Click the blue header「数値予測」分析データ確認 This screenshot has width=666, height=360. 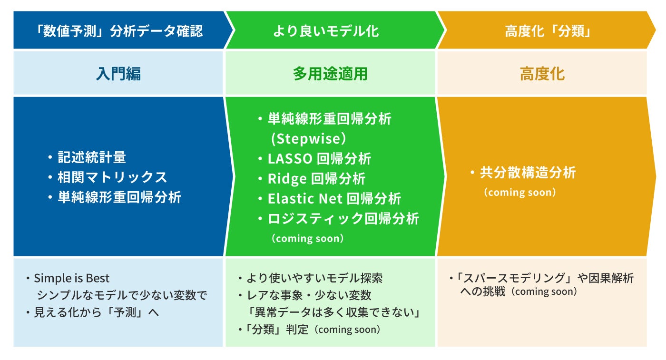(119, 31)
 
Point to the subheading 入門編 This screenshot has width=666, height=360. (118, 74)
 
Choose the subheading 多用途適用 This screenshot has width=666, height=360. (330, 74)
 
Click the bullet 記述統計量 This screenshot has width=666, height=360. (92, 157)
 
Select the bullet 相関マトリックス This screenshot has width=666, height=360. (112, 177)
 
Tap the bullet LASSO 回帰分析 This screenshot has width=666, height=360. (319, 159)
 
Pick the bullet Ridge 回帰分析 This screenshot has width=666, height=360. (316, 179)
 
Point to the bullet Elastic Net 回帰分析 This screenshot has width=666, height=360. (334, 198)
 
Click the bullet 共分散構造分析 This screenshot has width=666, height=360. (528, 172)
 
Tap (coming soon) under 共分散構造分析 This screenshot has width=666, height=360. (519, 193)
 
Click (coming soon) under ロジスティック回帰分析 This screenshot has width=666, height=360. (308, 238)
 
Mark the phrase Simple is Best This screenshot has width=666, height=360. (72, 278)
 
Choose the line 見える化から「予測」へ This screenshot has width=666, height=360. (96, 312)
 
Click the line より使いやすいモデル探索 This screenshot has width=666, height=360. (314, 278)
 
